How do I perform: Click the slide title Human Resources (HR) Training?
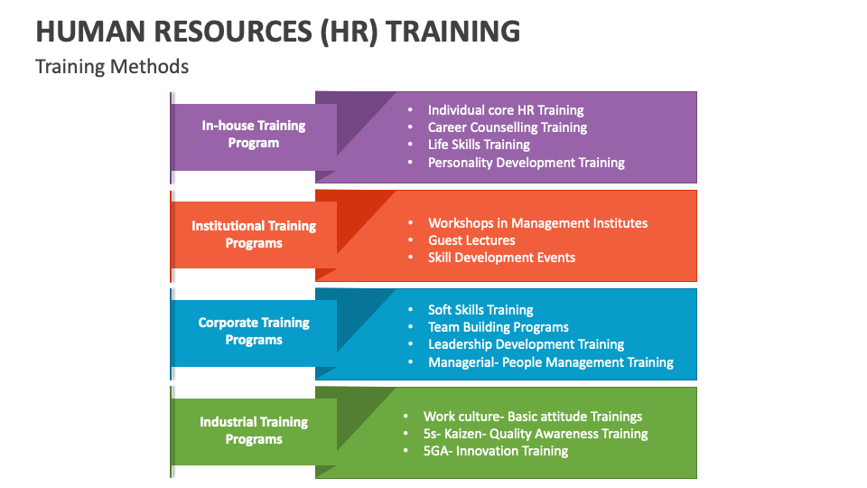pos(277,31)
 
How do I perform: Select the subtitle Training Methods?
pos(112,66)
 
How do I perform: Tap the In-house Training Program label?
pos(254,134)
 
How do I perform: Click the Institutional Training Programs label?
pos(254,234)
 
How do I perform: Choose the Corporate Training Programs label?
pos(254,331)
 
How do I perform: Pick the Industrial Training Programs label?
pos(254,430)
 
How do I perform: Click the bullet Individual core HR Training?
pos(506,110)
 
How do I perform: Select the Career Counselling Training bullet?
pos(508,127)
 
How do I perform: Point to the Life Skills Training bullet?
pos(479,145)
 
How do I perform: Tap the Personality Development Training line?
pos(527,163)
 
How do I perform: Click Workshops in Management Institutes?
pos(537,223)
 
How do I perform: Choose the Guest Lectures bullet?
pos(471,240)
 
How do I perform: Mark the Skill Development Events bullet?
pos(501,258)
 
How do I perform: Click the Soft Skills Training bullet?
pos(480,310)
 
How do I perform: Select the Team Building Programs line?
pos(499,327)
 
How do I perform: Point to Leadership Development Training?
pos(526,344)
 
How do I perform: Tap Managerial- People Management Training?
pos(551,362)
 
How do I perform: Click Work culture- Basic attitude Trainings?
pos(533,417)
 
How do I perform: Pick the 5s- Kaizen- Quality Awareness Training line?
pos(536,434)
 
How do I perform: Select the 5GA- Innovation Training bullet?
pos(496,451)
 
